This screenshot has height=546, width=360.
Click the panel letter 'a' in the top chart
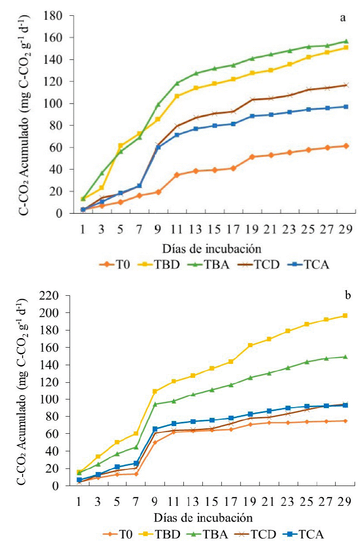(343, 18)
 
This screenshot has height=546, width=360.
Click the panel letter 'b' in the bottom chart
(347, 296)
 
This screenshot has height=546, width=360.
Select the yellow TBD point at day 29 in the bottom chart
(345, 316)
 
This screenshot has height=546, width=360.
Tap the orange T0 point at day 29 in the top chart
(346, 146)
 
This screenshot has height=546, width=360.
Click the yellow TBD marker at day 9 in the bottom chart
(155, 391)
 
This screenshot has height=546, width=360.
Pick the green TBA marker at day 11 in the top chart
(177, 83)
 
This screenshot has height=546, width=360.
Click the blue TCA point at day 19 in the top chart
(252, 116)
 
